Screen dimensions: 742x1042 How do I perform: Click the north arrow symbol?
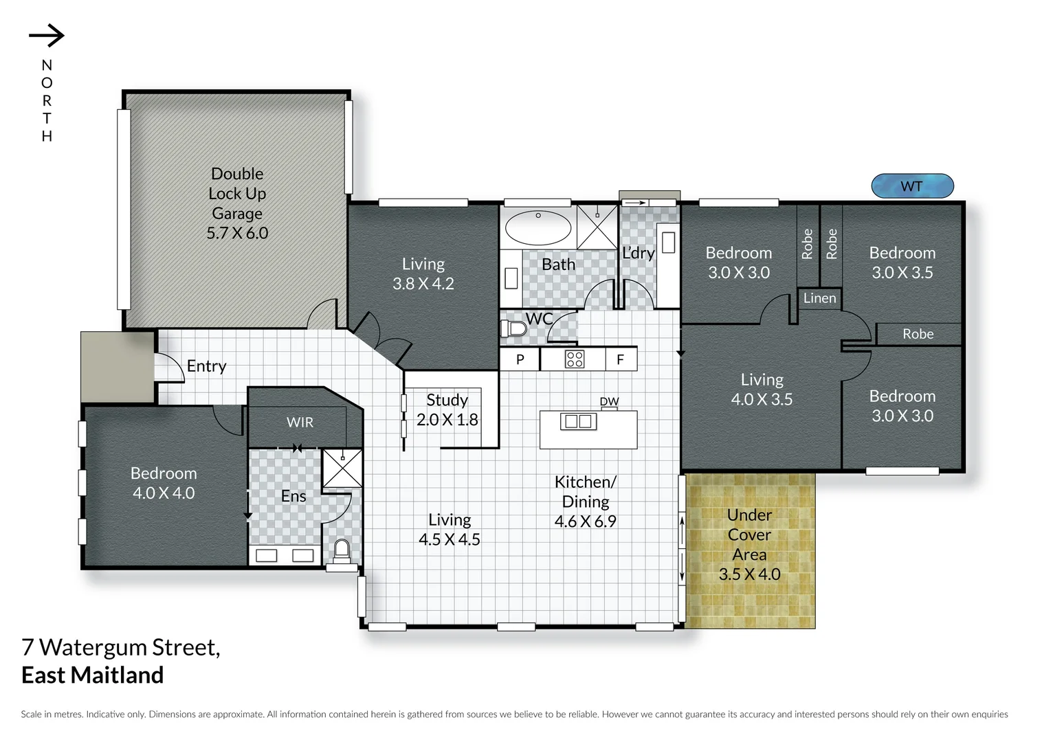point(47,36)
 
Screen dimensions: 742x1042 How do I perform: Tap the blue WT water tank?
point(912,186)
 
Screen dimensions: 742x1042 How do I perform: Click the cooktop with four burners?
point(575,359)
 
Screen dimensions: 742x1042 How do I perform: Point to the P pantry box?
point(520,359)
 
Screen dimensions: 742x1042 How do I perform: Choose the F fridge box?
point(621,359)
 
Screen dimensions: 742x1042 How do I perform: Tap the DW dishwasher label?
point(609,401)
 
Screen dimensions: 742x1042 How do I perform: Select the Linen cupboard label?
point(819,298)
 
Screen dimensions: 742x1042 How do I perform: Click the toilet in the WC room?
point(514,329)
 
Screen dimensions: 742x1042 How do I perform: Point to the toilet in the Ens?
point(341,550)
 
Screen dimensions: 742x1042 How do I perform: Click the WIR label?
point(300,423)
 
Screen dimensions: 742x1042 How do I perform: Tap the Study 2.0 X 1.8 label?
point(447,409)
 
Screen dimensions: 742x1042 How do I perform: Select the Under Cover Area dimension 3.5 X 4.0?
point(749,574)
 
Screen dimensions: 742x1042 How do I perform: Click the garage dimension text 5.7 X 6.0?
point(237,233)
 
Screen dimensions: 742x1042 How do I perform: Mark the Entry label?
point(206,366)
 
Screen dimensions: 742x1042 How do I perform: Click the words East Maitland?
point(93,675)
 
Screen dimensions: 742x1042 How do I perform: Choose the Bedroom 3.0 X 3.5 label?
point(902,262)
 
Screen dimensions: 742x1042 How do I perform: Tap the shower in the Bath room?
point(597,227)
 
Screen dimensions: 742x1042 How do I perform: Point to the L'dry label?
point(638,253)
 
